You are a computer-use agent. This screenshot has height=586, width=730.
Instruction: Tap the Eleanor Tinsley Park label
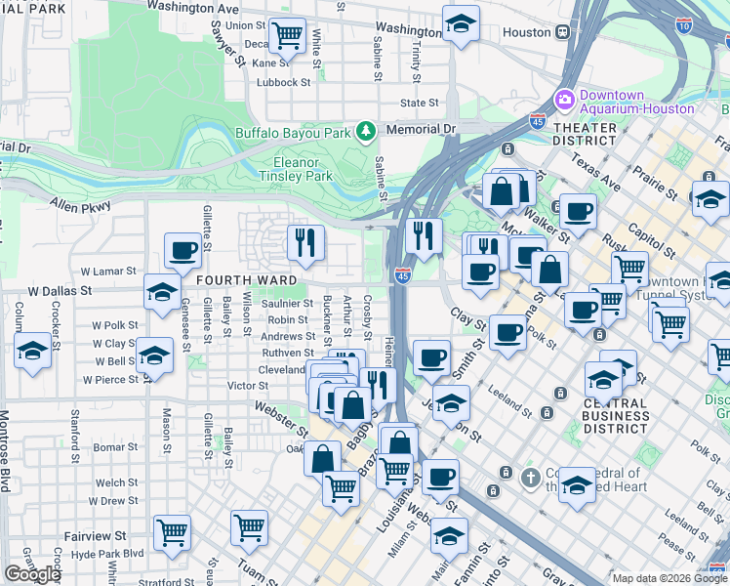click(x=296, y=169)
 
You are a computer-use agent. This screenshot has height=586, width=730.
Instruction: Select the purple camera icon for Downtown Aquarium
click(x=564, y=101)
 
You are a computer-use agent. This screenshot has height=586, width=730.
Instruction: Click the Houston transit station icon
click(x=563, y=32)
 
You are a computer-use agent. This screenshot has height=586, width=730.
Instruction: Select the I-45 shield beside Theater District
click(x=537, y=122)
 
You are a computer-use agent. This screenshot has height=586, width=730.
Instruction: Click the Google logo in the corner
click(x=32, y=574)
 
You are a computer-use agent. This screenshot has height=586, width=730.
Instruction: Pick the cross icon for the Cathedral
click(x=529, y=478)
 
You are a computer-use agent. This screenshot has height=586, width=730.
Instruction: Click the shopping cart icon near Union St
click(x=287, y=36)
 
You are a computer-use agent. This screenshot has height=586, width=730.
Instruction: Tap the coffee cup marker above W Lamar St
click(x=182, y=251)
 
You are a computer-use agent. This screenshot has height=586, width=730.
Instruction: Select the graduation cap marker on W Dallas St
click(x=162, y=290)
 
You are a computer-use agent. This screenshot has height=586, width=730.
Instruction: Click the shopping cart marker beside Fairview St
click(x=173, y=531)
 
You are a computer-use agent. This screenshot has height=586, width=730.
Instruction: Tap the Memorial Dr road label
click(x=421, y=129)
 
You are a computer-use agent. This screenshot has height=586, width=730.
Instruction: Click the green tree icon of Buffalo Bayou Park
click(x=366, y=130)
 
